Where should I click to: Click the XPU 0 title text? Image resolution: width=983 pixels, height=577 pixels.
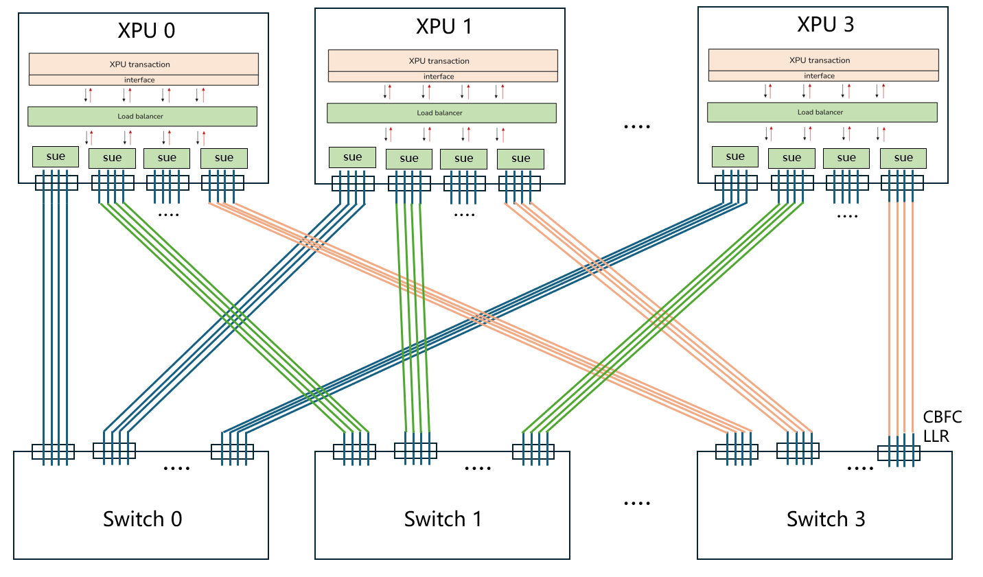point(146,30)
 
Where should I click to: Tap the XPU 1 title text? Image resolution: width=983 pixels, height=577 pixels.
point(443,27)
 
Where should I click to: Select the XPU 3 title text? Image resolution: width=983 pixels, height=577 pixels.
point(825,25)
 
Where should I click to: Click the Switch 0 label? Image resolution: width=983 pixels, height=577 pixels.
point(142,519)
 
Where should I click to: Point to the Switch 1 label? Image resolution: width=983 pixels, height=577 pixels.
point(443,519)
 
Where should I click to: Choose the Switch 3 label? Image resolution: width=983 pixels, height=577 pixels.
point(825,519)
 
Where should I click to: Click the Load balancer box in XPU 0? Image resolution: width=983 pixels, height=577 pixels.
point(142,117)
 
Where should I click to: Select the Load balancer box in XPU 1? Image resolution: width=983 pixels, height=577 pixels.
point(441,113)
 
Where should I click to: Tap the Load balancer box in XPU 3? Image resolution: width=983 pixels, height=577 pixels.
point(822,113)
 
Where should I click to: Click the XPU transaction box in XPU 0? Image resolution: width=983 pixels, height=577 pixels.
point(143,64)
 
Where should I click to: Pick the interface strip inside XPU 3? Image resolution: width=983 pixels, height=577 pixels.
point(823,76)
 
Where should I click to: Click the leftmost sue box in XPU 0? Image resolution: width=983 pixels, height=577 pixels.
point(56,156)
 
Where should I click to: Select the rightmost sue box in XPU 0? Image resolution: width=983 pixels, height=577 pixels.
point(224,158)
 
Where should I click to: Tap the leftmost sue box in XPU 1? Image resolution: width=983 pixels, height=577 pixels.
point(352,157)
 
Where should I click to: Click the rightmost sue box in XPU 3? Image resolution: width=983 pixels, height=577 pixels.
point(903,158)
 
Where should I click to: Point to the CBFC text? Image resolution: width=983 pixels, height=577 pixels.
point(942,417)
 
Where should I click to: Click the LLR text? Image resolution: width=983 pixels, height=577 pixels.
point(936,436)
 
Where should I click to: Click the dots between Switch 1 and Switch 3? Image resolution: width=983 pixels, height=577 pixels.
point(636,504)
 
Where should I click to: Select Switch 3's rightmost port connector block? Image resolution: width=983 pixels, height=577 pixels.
point(899,453)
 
